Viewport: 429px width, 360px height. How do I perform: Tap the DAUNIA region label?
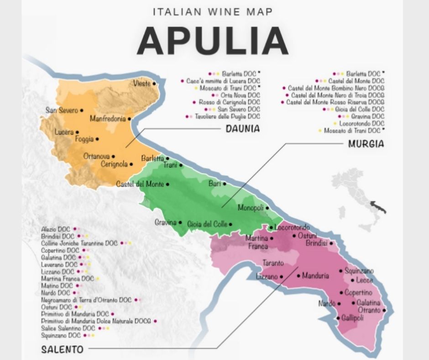[242, 129]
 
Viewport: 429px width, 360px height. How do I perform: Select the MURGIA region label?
[366, 144]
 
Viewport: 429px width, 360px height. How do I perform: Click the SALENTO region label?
[62, 350]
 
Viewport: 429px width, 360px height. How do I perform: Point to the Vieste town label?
[141, 83]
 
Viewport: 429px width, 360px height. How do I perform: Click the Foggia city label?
[84, 139]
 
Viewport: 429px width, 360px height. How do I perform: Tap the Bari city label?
[214, 184]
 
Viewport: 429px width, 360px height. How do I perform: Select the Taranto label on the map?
[273, 263]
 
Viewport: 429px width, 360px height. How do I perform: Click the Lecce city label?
[365, 280]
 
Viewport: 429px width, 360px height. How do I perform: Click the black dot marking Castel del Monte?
[167, 185]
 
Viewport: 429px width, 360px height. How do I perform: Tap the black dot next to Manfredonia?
[130, 119]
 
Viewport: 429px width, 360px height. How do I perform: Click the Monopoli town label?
[251, 208]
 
